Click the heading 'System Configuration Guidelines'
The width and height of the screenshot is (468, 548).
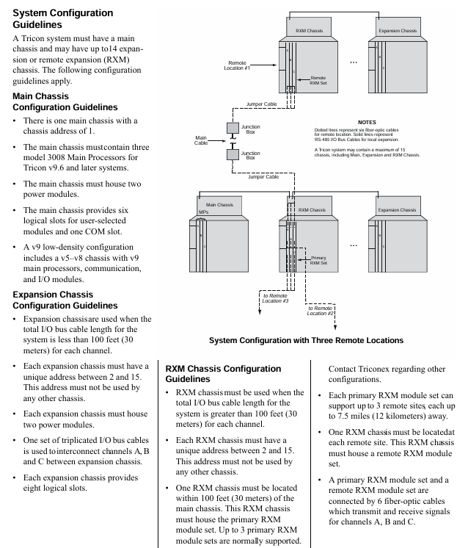tap(63, 19)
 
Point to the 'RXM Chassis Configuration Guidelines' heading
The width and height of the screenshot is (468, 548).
tap(223, 373)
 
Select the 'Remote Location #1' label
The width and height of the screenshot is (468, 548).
tap(239, 67)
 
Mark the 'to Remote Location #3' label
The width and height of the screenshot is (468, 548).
tap(274, 298)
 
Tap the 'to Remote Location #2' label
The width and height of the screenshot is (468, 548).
tap(321, 310)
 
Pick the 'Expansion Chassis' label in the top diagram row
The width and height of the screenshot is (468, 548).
tap(398, 32)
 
